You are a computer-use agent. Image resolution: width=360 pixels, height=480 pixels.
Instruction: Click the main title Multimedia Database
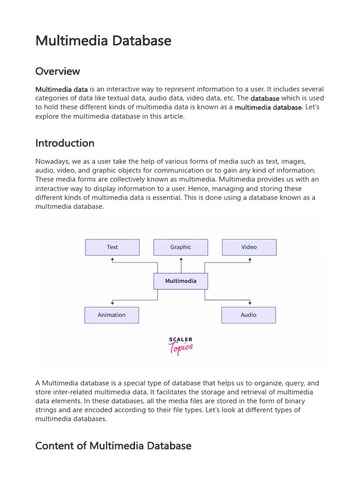[x=103, y=41]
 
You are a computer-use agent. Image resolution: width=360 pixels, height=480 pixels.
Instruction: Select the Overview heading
[x=58, y=71]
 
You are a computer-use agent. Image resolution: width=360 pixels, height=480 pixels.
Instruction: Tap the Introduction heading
[x=65, y=143]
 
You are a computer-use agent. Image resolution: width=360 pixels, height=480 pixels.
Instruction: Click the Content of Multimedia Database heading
[x=113, y=446]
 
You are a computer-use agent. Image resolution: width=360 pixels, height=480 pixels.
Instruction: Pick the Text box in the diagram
[x=112, y=247]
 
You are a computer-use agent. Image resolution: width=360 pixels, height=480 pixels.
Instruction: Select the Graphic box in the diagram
[x=181, y=247]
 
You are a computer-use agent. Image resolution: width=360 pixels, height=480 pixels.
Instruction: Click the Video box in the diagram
[x=249, y=247]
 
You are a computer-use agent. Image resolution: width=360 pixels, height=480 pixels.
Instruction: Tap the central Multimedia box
[x=181, y=281]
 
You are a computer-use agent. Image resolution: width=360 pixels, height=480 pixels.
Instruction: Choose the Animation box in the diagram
[x=112, y=315]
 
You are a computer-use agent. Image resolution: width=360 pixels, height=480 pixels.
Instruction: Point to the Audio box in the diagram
[x=248, y=315]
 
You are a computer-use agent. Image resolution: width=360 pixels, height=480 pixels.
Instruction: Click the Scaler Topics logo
[x=180, y=346]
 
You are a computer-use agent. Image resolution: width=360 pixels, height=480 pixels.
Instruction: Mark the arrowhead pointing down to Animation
[x=112, y=304]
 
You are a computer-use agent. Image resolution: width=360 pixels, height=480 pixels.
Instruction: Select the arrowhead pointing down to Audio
[x=250, y=304]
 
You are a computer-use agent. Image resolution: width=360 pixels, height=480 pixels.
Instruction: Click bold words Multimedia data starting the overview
[x=61, y=90]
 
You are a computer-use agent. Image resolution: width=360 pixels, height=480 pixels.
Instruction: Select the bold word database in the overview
[x=265, y=98]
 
